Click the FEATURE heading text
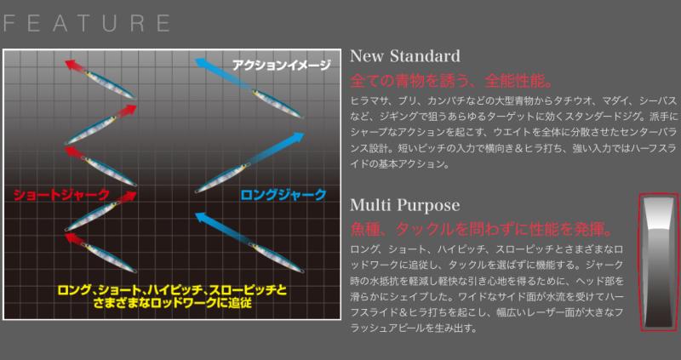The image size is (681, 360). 87,23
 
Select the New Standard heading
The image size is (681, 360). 405,56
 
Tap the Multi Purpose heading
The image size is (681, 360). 405,205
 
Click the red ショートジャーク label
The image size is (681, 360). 60,195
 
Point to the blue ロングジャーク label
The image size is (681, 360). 283,195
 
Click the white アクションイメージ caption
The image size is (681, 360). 282,66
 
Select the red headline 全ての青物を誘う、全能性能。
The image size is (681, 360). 451,81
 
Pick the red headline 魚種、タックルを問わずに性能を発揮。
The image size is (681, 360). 481,229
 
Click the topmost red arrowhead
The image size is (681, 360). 75,66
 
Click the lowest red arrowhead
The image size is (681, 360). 75,240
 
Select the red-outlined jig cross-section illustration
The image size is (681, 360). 657,263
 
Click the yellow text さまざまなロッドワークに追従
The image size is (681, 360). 173,303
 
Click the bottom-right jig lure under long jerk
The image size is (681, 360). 277,258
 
